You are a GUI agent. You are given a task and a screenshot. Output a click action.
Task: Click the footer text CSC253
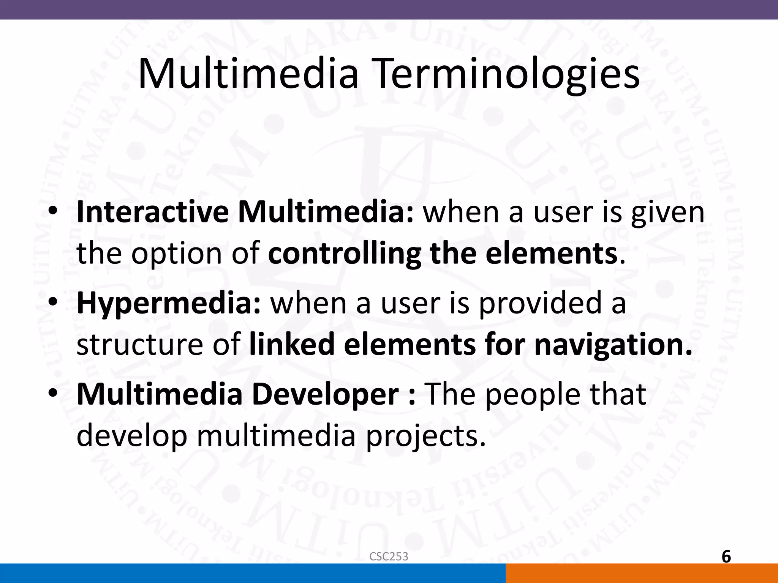point(389,556)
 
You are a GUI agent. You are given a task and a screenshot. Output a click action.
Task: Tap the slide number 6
point(726,557)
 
